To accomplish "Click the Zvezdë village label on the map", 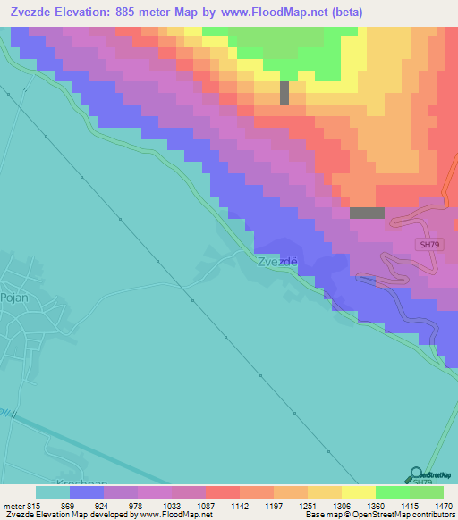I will point(276,263).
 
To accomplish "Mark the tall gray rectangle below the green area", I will point(284,93).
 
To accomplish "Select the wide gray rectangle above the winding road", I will point(367,213).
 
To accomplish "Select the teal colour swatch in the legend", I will point(53,491).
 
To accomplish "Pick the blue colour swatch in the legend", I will point(87,491).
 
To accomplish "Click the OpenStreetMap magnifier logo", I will point(416,473).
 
